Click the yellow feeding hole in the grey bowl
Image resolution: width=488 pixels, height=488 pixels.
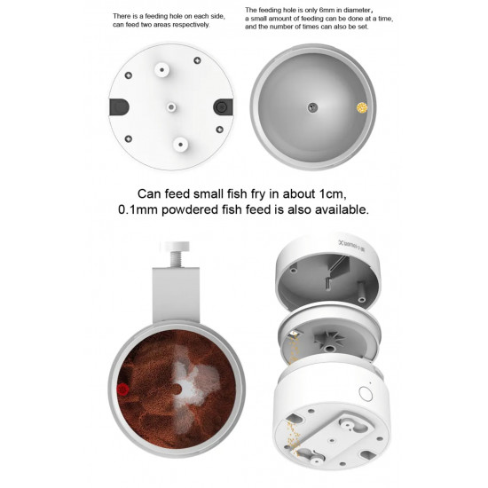pos(362,107)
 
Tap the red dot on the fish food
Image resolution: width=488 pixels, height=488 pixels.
pos(123,390)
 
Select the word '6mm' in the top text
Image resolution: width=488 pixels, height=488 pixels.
pos(326,11)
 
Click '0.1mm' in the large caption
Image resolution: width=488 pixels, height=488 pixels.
pos(138,209)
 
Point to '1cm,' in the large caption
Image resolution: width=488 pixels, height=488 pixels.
pos(333,194)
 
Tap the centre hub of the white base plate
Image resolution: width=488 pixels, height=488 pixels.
pos(171,107)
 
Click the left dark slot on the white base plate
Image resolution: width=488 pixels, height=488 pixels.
pos(119,107)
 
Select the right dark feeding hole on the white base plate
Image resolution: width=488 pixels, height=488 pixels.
pos(223,107)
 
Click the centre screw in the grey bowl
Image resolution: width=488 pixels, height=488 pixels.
pos(312,107)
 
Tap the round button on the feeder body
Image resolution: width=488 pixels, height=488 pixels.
pos(365,394)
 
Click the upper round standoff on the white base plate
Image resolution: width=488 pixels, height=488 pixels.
pos(162,70)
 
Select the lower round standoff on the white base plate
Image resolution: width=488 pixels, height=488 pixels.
pos(180,145)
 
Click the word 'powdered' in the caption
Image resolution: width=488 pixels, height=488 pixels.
pos(190,209)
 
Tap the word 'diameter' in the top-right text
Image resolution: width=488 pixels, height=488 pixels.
pos(355,11)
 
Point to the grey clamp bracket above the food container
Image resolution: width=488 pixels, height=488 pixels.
pos(176,295)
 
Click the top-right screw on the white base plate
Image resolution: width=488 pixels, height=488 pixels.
pos(197,60)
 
